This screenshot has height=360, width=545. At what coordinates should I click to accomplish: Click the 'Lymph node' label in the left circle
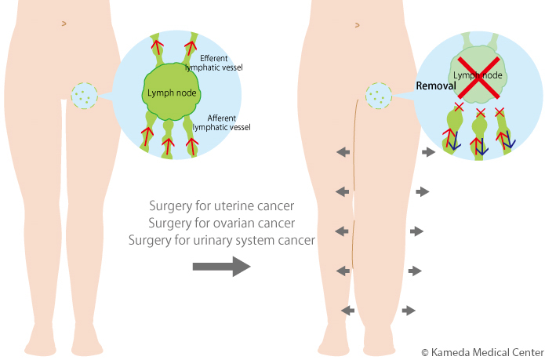pos(173,94)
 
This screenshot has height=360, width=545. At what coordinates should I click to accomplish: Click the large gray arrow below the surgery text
pos(221,267)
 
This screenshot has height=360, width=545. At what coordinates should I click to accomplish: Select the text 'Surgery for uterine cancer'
pos(221,206)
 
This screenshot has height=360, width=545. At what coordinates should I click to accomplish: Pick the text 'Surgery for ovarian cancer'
pos(221,224)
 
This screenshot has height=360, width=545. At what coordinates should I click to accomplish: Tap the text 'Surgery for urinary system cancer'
pos(222,240)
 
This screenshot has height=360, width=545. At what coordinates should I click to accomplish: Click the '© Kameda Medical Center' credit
pos(481,352)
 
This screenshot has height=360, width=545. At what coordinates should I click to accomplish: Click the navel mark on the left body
pos(64,24)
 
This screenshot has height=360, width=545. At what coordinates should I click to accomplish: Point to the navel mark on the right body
pos(357,25)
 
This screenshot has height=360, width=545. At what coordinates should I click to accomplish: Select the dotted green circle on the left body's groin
pos(83,96)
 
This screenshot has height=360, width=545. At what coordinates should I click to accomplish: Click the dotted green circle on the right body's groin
pos(378,96)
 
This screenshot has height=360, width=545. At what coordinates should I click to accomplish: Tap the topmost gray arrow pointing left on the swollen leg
pos(343,152)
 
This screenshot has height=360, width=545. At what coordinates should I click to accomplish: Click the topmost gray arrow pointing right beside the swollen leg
pos(428,151)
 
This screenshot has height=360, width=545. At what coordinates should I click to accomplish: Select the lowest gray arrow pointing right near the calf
pos(409,311)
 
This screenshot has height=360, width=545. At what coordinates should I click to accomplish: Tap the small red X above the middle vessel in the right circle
pos(481,113)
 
